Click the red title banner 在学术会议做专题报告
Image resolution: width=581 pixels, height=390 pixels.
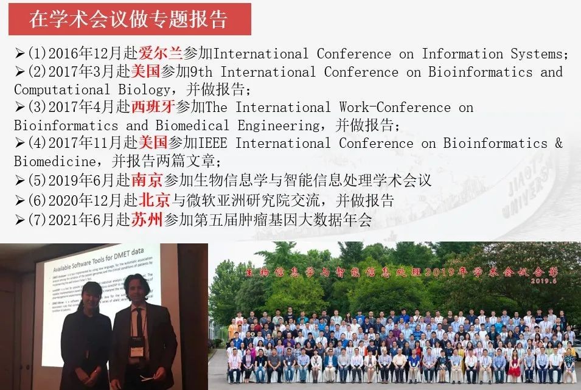(x=129, y=19)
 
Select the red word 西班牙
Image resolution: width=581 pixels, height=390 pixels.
(x=153, y=108)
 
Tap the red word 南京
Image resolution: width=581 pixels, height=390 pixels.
(x=147, y=181)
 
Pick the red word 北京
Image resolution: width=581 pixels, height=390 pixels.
(x=154, y=200)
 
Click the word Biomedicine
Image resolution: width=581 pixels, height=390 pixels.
(x=54, y=162)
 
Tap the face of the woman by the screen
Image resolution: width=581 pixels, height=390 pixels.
(x=90, y=299)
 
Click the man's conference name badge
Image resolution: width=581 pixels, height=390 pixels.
(x=137, y=345)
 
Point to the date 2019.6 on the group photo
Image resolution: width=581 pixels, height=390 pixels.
(x=543, y=280)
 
